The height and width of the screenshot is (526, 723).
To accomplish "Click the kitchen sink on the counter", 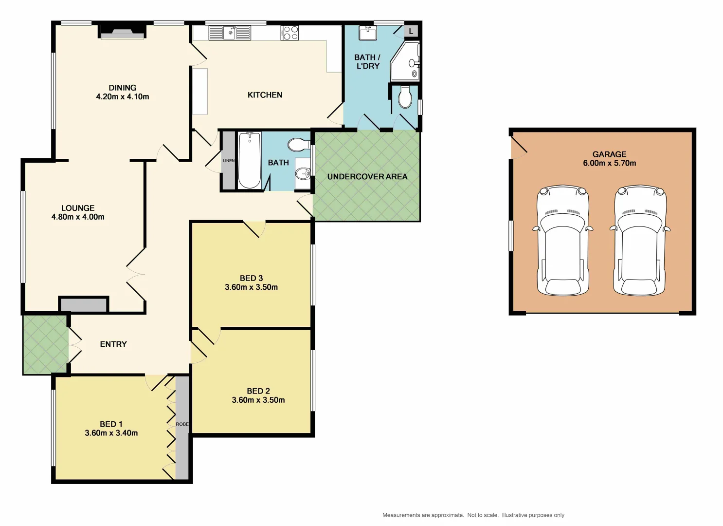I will coord(230,33).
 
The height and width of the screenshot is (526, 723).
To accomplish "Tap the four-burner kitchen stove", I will coord(289,33).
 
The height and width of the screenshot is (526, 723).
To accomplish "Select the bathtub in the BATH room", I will coord(250,160).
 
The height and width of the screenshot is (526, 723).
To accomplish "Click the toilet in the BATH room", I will coord(297,145).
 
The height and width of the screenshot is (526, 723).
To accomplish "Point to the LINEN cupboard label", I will coord(228,161).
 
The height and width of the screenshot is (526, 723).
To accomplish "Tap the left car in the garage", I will coord(563,241).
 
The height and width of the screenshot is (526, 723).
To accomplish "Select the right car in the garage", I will coord(639,241).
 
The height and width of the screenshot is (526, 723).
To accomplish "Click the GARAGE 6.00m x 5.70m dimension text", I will coord(609,163).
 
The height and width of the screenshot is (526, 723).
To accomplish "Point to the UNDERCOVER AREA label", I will coord(367,177).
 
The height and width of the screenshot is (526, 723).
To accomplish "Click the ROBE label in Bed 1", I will coord(182,424).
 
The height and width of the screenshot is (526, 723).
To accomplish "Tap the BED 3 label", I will coord(251,278).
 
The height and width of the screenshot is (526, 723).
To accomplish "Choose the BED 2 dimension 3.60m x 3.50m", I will coord(258,400).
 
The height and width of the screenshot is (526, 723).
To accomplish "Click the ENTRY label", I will coord(113,344).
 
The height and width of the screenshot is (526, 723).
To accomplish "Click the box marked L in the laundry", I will coord(411,31).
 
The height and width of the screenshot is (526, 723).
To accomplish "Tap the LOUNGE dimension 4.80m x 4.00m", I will coord(78,217).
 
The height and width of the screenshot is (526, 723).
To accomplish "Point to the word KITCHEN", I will coord(265,95).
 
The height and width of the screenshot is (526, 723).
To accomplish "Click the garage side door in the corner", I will coord(519,146).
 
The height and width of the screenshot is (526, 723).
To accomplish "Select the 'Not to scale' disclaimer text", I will coord(483,515).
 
